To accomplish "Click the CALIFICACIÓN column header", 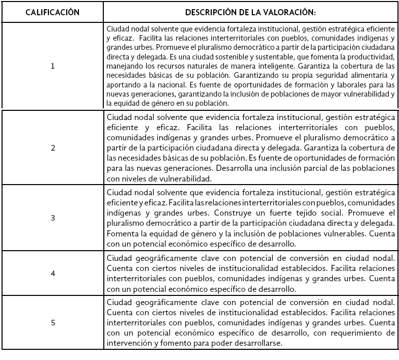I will [x=52, y=12].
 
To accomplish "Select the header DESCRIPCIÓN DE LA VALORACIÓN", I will [x=251, y=12].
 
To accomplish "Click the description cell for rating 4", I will [x=251, y=273].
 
